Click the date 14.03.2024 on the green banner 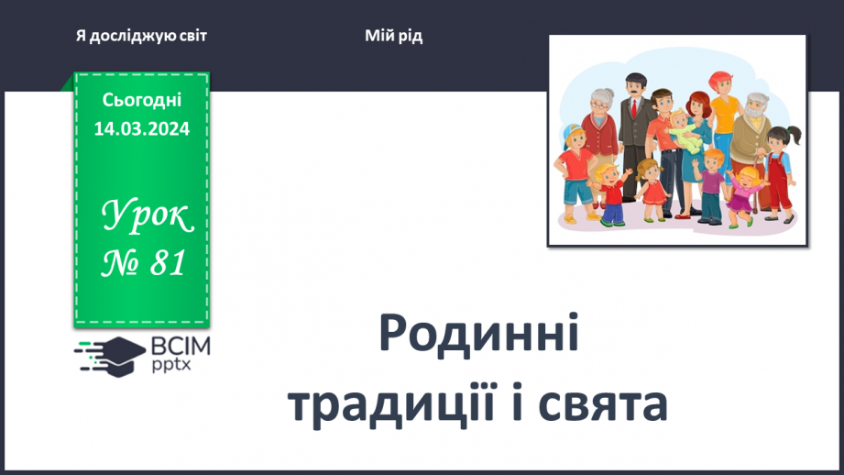tap(141, 129)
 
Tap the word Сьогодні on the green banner tap(141, 100)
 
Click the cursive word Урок tap(147, 218)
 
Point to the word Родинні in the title tap(478, 336)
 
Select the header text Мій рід tap(394, 36)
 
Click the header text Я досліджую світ tap(142, 36)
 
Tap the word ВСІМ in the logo tap(181, 347)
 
